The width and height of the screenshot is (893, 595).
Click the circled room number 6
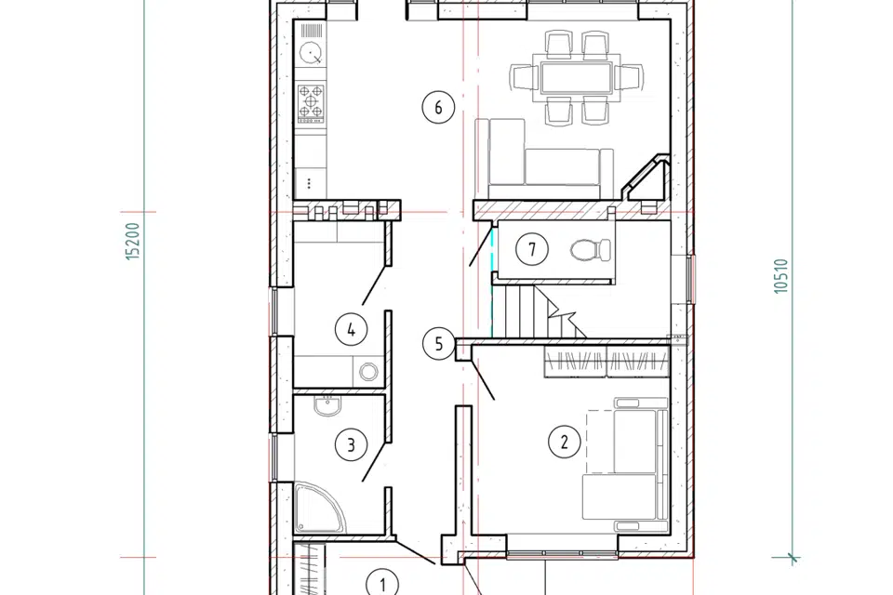tap(438, 107)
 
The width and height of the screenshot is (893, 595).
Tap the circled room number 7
tap(532, 249)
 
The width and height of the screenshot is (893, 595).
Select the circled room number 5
tap(438, 344)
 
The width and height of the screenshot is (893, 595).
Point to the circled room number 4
tap(351, 329)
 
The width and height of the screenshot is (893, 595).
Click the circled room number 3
tap(351, 444)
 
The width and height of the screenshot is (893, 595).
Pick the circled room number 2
tap(565, 442)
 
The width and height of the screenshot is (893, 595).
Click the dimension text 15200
tap(132, 242)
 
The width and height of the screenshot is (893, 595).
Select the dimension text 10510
tap(781, 276)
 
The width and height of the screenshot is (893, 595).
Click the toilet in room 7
tap(591, 249)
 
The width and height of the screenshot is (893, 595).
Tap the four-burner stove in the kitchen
tap(311, 103)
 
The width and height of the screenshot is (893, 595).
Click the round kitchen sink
tap(311, 53)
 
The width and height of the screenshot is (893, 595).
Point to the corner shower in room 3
tap(319, 508)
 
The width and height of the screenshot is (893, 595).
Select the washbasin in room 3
tap(327, 405)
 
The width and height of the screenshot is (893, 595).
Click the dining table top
tap(577, 77)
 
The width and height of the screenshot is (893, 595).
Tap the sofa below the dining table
tap(544, 159)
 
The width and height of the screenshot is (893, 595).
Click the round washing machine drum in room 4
tap(368, 372)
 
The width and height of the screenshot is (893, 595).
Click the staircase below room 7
tap(539, 311)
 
